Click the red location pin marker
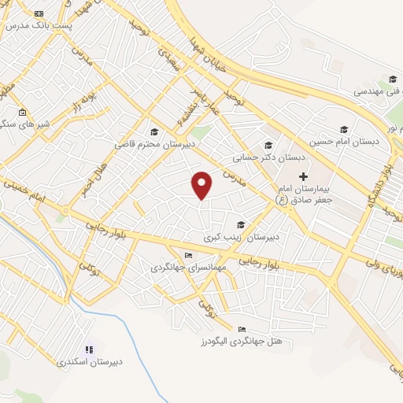(202, 184)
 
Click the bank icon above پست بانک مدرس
(39, 13)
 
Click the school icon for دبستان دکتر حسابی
(268, 145)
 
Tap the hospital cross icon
(302, 176)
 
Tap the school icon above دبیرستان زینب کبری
(240, 224)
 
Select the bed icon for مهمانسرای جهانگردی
(187, 256)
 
